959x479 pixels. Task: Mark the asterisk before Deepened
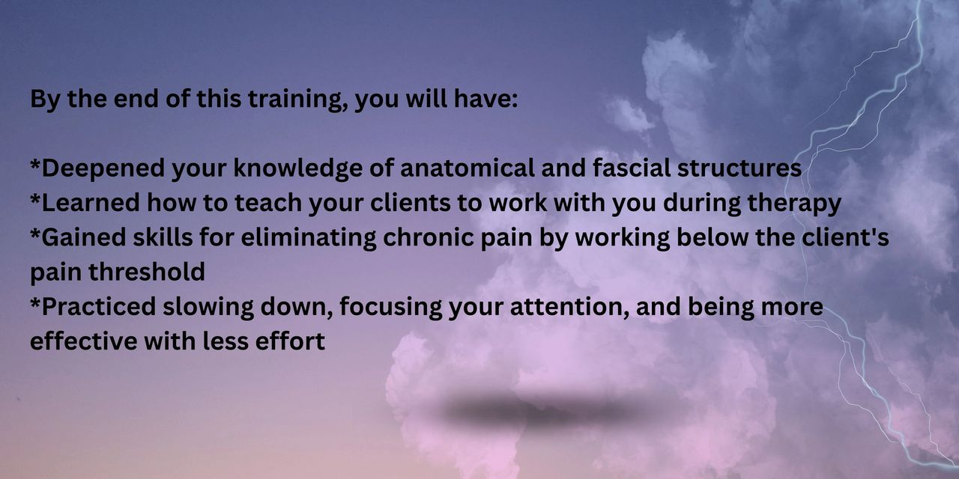35,165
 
